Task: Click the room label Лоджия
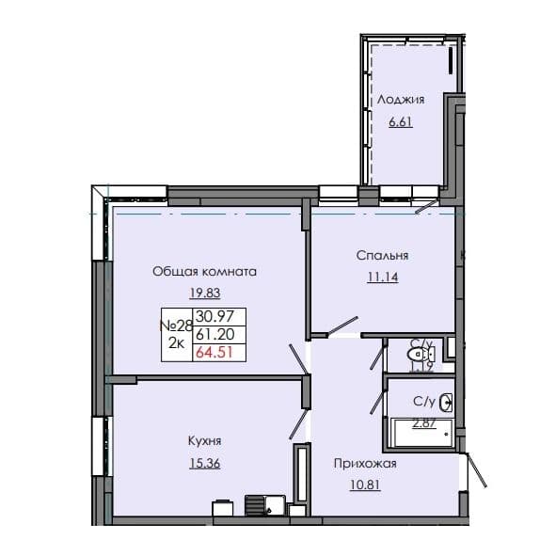click(401, 99)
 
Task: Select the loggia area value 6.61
click(401, 121)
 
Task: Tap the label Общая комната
click(205, 271)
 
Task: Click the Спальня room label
click(382, 255)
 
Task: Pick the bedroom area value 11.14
click(382, 277)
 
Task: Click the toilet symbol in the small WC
click(414, 355)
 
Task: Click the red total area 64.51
click(214, 353)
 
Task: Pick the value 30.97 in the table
click(214, 316)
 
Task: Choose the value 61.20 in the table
click(214, 334)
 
